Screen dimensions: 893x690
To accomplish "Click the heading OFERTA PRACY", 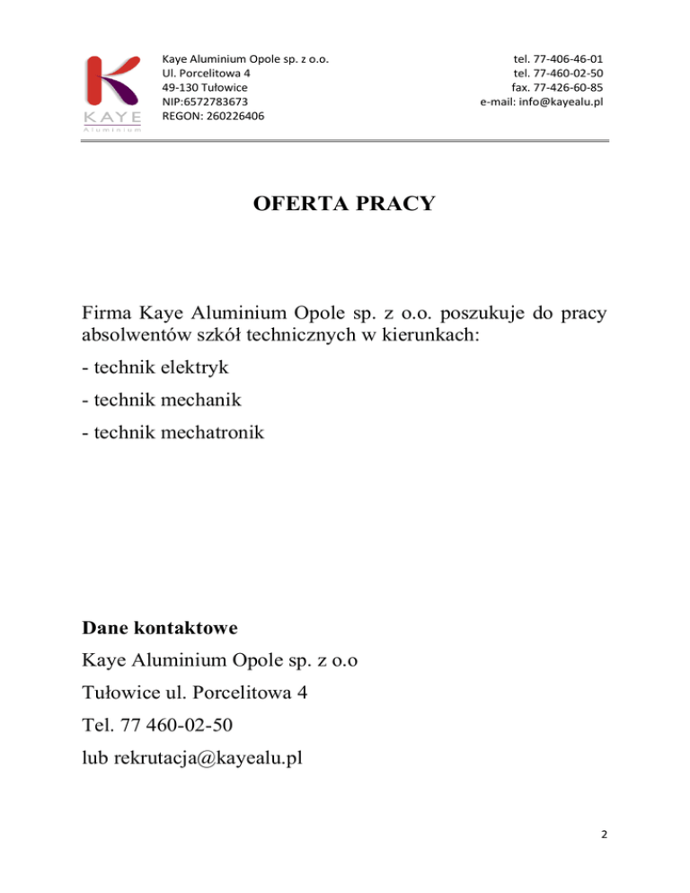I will coord(344,204).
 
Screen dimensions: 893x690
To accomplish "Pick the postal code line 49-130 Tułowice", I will coord(199,87).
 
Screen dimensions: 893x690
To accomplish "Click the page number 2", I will coord(604,835).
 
